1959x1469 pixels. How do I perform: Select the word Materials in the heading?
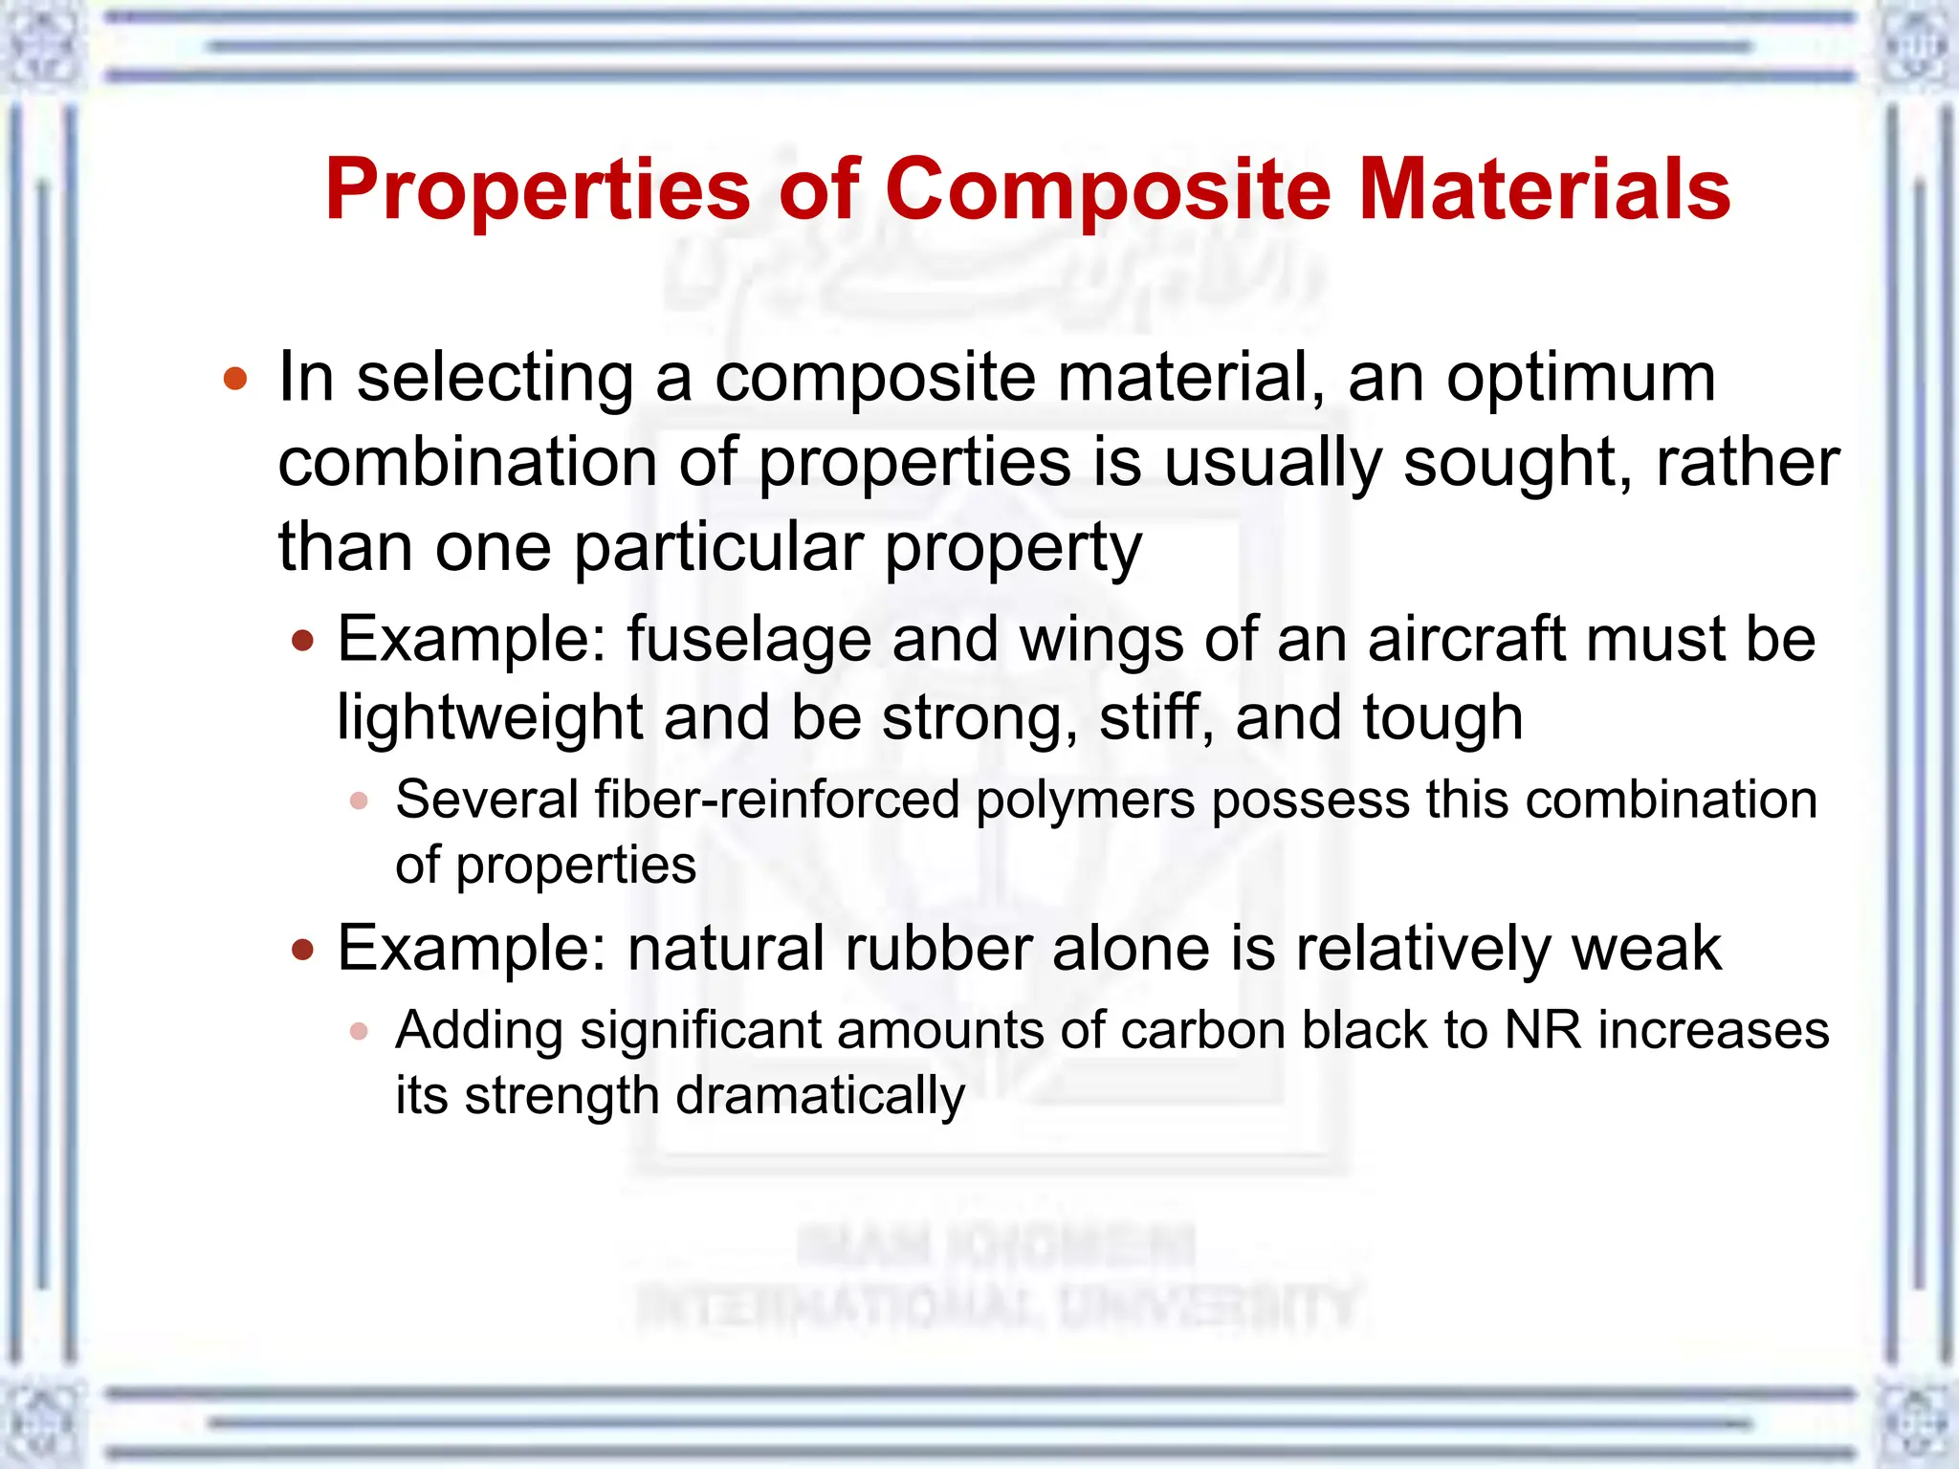click(x=1544, y=189)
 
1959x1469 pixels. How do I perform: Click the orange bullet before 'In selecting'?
click(x=235, y=380)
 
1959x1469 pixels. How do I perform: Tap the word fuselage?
click(x=749, y=640)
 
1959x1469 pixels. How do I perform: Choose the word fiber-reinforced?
click(x=777, y=800)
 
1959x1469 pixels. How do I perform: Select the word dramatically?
click(x=820, y=1096)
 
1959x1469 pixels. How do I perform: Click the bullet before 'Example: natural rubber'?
click(x=303, y=950)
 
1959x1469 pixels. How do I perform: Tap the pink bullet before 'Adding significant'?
click(x=359, y=1031)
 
